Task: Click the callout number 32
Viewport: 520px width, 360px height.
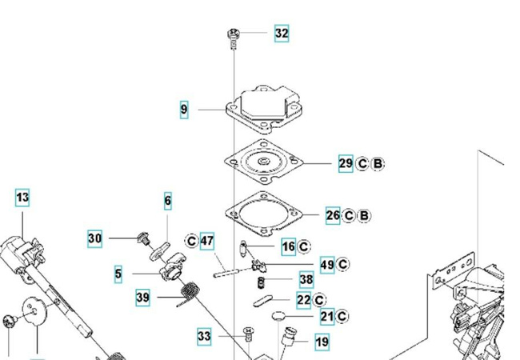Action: pyautogui.click(x=281, y=34)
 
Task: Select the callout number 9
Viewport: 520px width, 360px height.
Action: pyautogui.click(x=184, y=110)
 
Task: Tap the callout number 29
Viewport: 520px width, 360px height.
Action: pyautogui.click(x=345, y=164)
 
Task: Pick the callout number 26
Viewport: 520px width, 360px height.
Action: pyautogui.click(x=333, y=215)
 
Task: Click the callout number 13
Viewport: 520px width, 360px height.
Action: pyautogui.click(x=22, y=197)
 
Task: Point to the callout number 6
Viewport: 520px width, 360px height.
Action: pyautogui.click(x=168, y=201)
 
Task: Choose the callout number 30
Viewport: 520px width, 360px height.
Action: pyautogui.click(x=95, y=238)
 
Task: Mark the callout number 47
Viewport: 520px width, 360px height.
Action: pyautogui.click(x=207, y=241)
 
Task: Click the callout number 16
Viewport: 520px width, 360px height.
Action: pyautogui.click(x=288, y=246)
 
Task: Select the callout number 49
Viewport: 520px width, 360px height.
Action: pyautogui.click(x=326, y=265)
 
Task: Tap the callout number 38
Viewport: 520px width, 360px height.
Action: pyautogui.click(x=306, y=280)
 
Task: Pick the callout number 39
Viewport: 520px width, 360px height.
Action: pyautogui.click(x=142, y=298)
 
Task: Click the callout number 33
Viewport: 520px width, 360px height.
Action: pyautogui.click(x=204, y=337)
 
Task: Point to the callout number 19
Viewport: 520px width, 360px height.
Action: pyautogui.click(x=322, y=342)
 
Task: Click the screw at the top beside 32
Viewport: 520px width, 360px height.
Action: pyautogui.click(x=234, y=34)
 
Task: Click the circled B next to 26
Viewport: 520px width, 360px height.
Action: pyautogui.click(x=365, y=215)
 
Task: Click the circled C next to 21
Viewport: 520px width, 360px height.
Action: pyautogui.click(x=342, y=317)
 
